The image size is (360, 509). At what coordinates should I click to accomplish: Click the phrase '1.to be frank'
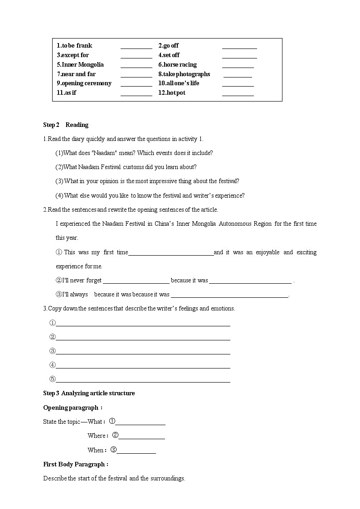(74, 45)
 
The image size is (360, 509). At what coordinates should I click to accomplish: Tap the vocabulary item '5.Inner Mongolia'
(80, 64)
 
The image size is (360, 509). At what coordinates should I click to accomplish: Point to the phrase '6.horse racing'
(177, 64)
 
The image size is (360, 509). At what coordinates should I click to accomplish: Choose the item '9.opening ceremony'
(84, 83)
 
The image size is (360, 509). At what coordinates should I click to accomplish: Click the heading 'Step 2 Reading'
(66, 125)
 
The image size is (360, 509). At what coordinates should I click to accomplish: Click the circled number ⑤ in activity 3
(52, 379)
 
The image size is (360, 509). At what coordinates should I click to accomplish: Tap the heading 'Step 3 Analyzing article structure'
(89, 393)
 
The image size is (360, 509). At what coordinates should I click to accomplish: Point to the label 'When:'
(97, 450)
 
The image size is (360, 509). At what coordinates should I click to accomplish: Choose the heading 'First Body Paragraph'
(76, 464)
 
